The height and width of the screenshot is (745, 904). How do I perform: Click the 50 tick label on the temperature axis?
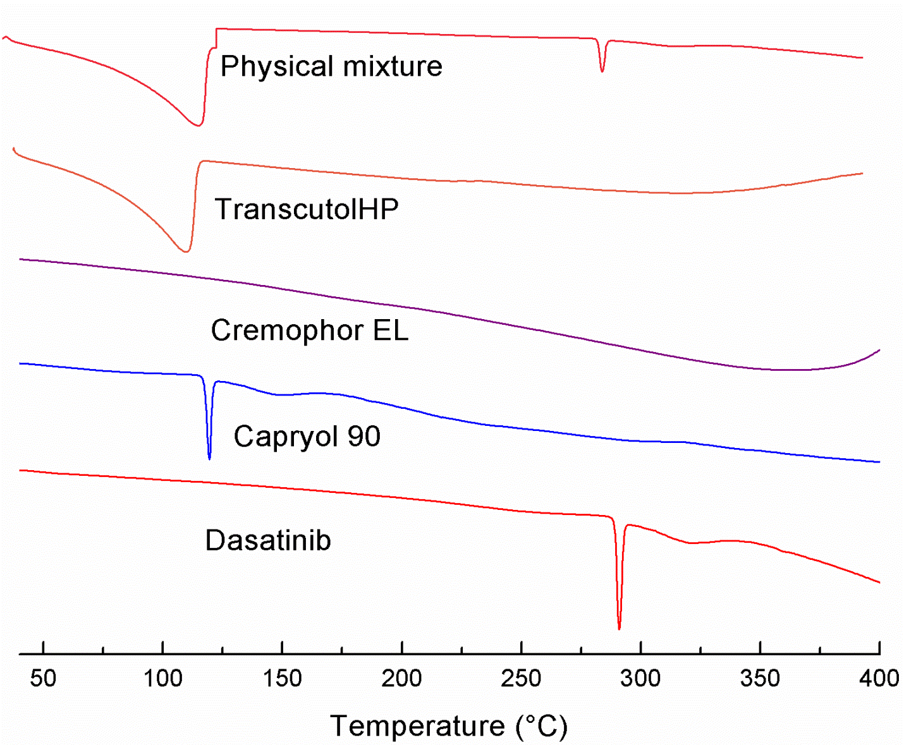(x=43, y=679)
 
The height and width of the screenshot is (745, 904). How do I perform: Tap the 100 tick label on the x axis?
(x=162, y=679)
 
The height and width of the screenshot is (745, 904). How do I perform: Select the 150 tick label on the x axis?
(x=282, y=679)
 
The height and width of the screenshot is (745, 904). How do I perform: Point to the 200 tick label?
(x=401, y=679)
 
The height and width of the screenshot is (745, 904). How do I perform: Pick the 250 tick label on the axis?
(x=521, y=679)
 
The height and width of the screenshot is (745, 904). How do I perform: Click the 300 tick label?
(x=640, y=679)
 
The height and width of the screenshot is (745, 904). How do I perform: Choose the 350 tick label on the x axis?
(x=760, y=679)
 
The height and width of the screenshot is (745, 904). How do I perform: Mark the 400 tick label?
(x=879, y=679)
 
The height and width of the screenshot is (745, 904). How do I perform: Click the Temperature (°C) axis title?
(x=449, y=726)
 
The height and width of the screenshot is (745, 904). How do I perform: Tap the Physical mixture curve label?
(x=331, y=66)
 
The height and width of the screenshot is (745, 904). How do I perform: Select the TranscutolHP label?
(x=307, y=209)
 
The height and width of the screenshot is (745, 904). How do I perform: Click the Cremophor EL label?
(x=310, y=330)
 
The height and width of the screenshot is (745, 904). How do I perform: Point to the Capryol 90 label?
(x=307, y=436)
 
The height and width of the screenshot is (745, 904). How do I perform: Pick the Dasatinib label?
(x=268, y=540)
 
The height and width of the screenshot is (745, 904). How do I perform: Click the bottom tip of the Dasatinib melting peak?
(x=619, y=629)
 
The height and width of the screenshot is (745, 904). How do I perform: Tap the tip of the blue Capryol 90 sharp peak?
(x=209, y=458)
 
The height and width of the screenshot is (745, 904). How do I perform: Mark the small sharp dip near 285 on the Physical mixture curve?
(x=602, y=71)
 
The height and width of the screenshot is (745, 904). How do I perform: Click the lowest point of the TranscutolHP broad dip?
(x=186, y=251)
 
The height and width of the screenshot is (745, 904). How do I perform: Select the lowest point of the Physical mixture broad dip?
(x=199, y=125)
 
